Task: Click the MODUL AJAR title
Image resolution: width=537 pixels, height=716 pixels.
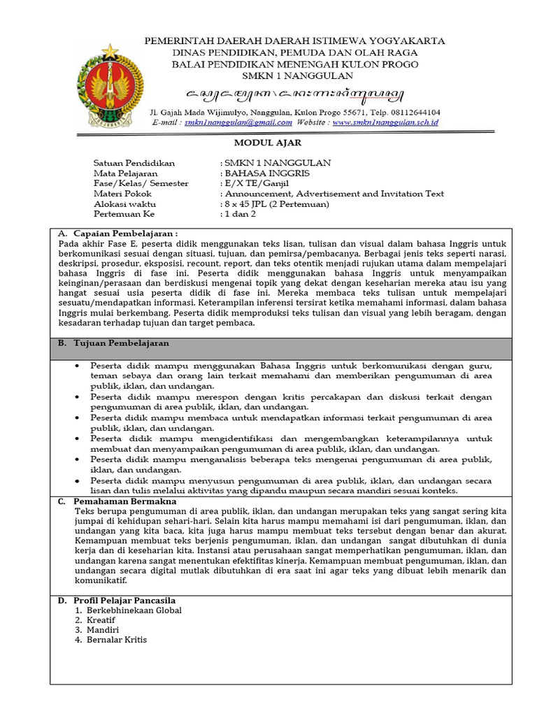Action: pos(267,143)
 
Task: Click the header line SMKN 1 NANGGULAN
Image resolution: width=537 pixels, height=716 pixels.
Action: pos(294,76)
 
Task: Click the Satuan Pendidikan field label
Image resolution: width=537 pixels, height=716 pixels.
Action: pos(134,163)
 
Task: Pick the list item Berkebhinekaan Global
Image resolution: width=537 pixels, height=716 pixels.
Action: pos(134,610)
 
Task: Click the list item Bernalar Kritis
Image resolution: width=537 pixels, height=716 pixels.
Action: pos(117,640)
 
